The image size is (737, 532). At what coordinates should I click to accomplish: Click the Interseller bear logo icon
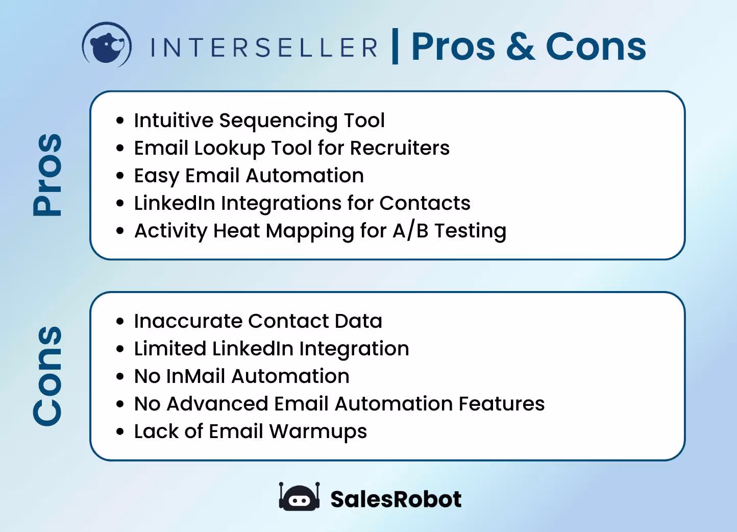pos(107,45)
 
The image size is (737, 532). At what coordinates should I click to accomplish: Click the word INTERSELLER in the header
pos(264,47)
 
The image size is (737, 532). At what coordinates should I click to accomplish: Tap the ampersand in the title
pos(520,46)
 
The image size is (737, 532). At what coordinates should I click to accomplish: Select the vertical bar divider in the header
pos(395,46)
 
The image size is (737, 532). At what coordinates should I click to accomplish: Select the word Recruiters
pos(400,148)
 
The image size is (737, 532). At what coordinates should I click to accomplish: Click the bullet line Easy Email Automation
pos(249,176)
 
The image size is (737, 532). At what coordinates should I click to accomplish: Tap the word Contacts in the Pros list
pos(425,203)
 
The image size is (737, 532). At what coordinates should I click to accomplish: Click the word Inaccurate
pos(188,321)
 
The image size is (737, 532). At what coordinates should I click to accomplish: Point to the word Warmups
pos(317,432)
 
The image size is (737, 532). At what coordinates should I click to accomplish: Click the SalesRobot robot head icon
pos(299,497)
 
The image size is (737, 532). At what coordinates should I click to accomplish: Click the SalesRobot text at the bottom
pos(396,499)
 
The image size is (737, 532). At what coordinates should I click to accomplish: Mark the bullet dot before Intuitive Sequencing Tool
pos(120,121)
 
